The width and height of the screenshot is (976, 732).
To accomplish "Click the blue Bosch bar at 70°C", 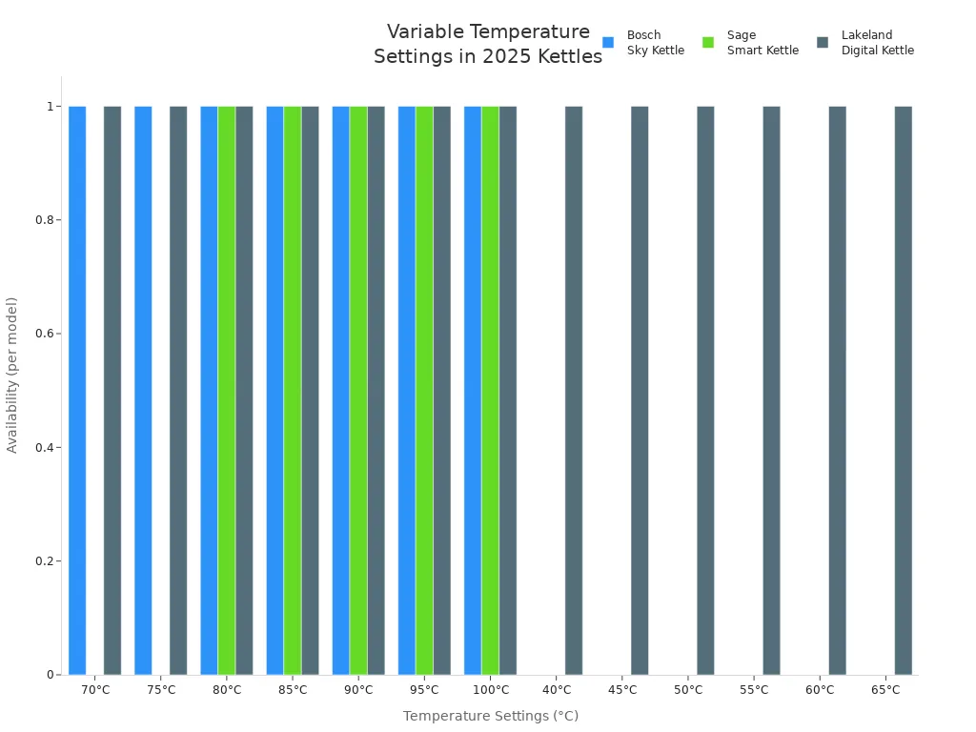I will [77, 391].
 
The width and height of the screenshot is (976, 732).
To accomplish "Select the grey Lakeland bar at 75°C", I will [178, 391].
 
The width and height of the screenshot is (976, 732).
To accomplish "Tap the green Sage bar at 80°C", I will [227, 391].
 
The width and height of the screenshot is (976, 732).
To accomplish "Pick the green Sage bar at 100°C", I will [490, 391].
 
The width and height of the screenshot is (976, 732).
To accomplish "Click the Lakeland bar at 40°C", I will [574, 391].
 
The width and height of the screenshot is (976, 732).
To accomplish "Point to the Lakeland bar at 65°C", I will [903, 391].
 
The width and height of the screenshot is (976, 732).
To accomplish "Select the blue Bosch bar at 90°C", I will [340, 391].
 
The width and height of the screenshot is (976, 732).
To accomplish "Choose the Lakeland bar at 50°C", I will [705, 391].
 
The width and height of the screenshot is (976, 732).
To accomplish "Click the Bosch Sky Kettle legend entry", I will [644, 43].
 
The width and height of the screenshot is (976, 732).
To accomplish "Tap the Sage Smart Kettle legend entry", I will [751, 43].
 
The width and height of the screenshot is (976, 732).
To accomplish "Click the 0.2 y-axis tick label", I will [44, 561].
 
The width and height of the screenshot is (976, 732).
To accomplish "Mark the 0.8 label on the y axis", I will [44, 220].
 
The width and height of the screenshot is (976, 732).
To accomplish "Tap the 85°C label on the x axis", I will [293, 690].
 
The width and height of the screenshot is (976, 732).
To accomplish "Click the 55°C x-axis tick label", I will [754, 690].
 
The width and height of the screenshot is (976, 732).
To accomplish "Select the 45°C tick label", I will [622, 690].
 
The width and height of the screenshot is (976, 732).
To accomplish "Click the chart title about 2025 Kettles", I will [487, 45].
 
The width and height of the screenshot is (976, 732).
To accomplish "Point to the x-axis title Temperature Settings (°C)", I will [490, 716].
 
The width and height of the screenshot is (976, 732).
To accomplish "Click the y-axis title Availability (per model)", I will [12, 375].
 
